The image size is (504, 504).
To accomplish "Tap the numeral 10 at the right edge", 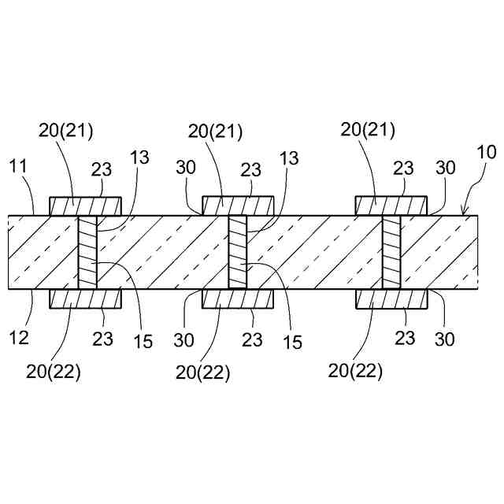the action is (x=487, y=153).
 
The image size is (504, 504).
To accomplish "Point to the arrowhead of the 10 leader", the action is (x=464, y=213).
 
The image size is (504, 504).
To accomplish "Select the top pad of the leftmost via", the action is (x=85, y=206).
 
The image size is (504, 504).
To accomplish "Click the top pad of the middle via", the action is (x=238, y=206).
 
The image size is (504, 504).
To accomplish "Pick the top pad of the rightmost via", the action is (x=391, y=206).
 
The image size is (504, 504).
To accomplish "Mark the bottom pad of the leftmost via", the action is (x=85, y=298).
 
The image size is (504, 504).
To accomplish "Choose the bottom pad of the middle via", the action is (x=238, y=298).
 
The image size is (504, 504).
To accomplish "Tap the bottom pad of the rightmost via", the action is (x=391, y=298).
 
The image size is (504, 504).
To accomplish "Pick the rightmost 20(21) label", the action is (x=368, y=129).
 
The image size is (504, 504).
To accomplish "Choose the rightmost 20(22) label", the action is (x=357, y=372).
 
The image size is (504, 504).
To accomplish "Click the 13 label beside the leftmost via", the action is (x=139, y=157).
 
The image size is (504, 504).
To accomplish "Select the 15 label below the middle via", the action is (x=291, y=343).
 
